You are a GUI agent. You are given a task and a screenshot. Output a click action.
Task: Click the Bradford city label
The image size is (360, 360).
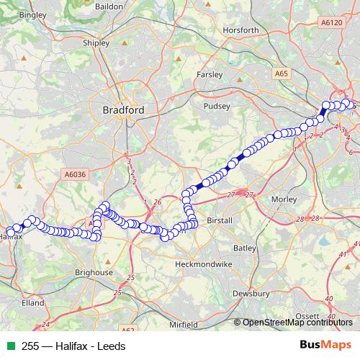click(123, 110)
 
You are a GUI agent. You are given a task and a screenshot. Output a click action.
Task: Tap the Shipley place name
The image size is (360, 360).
click(97, 42)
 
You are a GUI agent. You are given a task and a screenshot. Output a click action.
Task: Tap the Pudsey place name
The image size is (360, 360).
click(218, 106)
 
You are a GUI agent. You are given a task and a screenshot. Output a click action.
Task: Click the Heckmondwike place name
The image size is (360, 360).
click(205, 264)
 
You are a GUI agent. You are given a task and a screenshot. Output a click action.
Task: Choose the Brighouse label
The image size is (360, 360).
click(95, 273)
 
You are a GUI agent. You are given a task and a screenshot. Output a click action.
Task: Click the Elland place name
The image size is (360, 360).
click(33, 304)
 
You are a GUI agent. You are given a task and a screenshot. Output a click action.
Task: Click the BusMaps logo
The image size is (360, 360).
click(325, 345)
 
